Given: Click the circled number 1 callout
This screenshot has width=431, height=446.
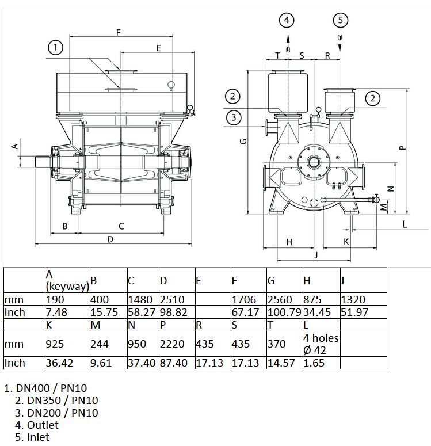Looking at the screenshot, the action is click(55, 47).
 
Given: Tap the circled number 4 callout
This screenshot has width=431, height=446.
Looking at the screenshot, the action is click(287, 20).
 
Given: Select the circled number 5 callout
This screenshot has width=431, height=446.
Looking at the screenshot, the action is click(341, 20).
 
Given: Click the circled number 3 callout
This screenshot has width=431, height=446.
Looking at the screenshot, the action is click(234, 117).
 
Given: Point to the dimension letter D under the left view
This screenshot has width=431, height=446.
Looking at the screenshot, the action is click(110, 239).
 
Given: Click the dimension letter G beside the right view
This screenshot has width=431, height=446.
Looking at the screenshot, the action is click(243, 142).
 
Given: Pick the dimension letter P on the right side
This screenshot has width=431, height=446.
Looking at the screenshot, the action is click(402, 148).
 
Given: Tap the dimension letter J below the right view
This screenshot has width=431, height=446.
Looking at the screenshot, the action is click(316, 255).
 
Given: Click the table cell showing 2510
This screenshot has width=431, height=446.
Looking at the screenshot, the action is click(177, 299).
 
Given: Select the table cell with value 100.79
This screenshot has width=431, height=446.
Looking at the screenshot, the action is click(284, 312).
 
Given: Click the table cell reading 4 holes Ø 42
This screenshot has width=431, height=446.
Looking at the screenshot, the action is click(322, 344).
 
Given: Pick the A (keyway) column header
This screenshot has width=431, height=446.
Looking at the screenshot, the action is click(67, 280).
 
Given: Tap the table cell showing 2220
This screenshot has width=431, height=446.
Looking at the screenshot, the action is click(177, 344).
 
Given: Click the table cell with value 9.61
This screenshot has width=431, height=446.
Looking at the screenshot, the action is click(108, 363).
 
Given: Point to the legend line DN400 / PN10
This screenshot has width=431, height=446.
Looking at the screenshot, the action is click(45, 388).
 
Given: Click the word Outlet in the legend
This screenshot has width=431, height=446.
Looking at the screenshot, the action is click(43, 425).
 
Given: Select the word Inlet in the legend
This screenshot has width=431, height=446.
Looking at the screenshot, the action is click(38, 437).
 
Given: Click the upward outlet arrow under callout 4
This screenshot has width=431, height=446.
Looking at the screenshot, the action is click(288, 44).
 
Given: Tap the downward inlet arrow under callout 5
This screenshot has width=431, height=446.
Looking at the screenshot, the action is click(340, 44).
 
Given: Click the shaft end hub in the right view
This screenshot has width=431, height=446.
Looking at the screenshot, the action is click(314, 162).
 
